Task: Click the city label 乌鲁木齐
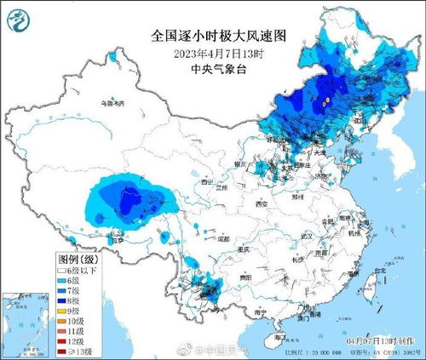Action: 111,103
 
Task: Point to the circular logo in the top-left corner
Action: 19,18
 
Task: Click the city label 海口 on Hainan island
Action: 279,337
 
